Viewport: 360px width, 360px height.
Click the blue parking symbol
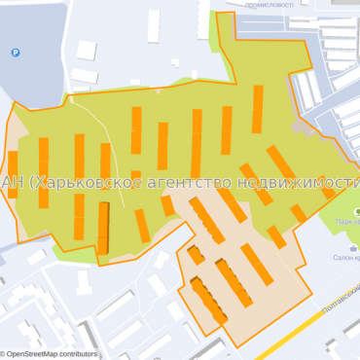[16, 53]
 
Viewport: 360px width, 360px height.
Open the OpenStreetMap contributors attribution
[51, 354]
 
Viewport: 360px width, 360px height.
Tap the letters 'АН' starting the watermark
[12, 182]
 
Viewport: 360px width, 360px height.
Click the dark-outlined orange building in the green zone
[103, 228]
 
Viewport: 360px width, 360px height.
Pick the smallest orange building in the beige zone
[196, 255]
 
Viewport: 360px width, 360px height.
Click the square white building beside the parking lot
[87, 50]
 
